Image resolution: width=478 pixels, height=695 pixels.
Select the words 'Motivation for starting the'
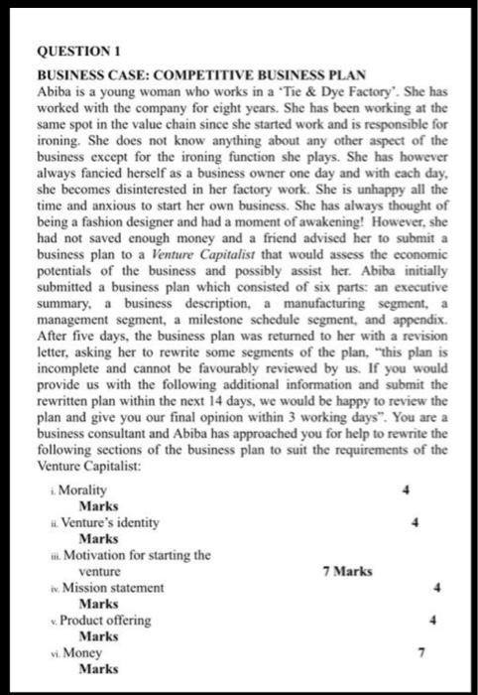(136, 556)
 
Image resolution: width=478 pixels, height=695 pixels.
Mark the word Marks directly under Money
(98, 669)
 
